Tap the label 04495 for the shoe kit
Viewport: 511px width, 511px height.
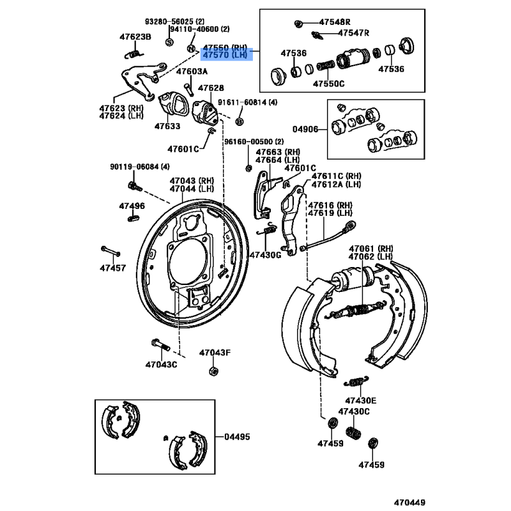pyautogui.click(x=237, y=437)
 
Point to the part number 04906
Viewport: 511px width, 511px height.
pyautogui.click(x=305, y=129)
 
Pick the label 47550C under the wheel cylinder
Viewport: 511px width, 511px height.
pyautogui.click(x=328, y=83)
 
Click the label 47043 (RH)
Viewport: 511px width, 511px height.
pyautogui.click(x=192, y=181)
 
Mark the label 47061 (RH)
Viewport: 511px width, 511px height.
pyautogui.click(x=371, y=248)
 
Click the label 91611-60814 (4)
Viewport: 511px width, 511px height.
pyautogui.click(x=248, y=102)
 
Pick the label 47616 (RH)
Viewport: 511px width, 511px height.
pyautogui.click(x=330, y=205)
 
